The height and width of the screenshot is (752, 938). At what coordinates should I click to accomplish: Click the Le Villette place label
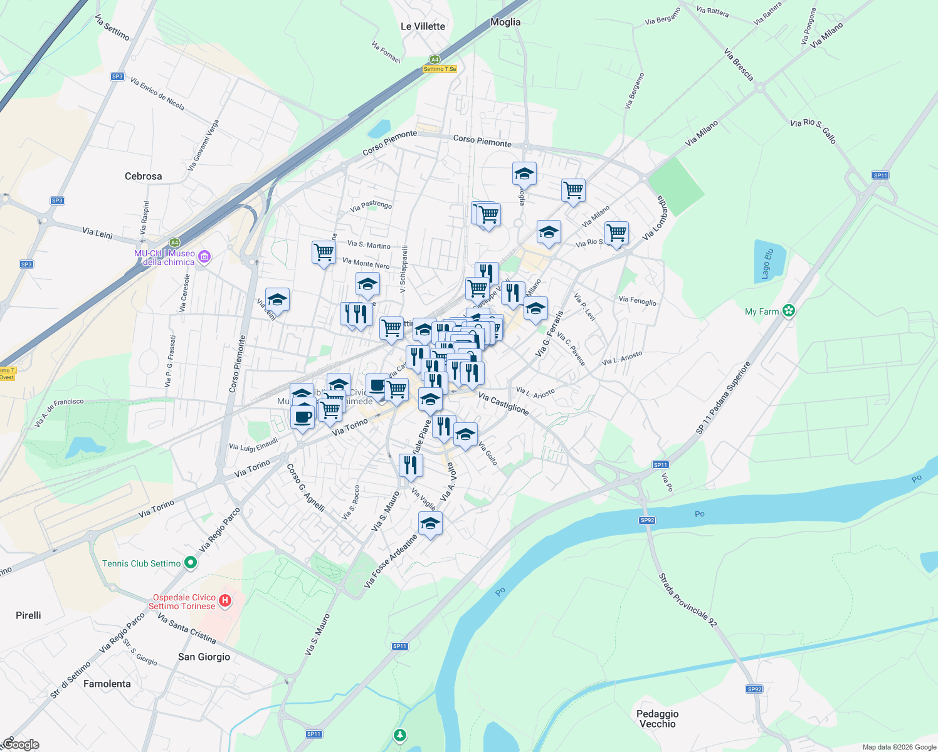[x=423, y=26]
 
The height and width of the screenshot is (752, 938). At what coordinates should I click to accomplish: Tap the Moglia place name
[x=505, y=22]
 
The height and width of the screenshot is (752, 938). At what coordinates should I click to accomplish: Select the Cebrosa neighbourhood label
[x=143, y=176]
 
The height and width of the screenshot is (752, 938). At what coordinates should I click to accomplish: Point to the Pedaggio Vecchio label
[x=657, y=719]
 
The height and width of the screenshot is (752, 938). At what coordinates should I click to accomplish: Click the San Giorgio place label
[x=204, y=657]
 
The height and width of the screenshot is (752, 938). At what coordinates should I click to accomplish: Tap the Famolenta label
[x=107, y=684]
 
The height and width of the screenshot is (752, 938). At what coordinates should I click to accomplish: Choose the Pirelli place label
[x=28, y=615]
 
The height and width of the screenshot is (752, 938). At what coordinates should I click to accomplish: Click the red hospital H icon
[x=224, y=602]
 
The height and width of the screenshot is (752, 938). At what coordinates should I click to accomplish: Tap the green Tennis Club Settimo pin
[x=191, y=563]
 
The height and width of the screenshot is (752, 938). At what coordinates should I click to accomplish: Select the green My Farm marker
[x=789, y=311]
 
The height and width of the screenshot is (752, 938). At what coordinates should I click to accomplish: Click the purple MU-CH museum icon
[x=204, y=256]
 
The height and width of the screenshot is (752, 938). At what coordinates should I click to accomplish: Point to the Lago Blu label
[x=767, y=264]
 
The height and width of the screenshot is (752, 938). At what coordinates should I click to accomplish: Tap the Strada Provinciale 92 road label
[x=687, y=600]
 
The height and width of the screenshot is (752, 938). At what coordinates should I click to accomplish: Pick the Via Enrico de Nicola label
[x=157, y=94]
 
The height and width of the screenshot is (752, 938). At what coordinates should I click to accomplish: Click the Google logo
[x=21, y=744]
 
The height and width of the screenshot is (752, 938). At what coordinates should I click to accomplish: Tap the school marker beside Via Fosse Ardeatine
[x=430, y=524]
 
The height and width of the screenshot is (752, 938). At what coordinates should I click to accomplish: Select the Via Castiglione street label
[x=503, y=403]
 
